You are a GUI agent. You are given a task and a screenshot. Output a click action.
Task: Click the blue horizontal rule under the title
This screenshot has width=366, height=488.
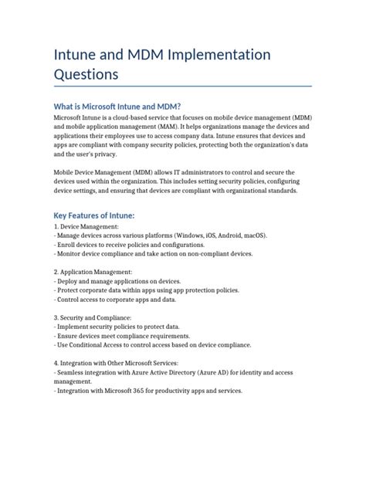[x=183, y=86]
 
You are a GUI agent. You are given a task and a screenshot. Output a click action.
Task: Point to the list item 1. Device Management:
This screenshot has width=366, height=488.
[x=86, y=226]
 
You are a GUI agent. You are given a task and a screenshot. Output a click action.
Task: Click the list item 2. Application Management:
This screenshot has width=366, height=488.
[x=93, y=272]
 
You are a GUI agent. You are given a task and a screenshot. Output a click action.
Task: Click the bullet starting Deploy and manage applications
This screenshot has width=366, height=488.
[x=118, y=281]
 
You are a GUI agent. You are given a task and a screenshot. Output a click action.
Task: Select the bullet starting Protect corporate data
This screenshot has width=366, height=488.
[x=147, y=290]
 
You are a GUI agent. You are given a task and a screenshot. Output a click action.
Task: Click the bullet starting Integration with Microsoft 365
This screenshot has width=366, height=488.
[x=148, y=390]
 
